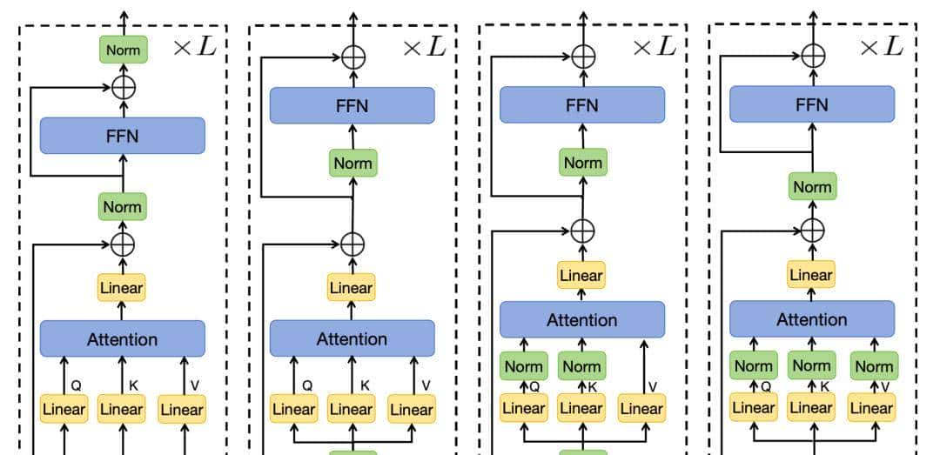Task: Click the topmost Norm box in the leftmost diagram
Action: [x=123, y=50]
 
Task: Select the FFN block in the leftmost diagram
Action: [x=123, y=136]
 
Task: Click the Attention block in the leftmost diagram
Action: [x=123, y=338]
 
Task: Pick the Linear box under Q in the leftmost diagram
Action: [x=64, y=408]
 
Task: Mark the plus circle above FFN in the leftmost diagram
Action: [x=123, y=87]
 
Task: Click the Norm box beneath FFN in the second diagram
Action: [x=352, y=163]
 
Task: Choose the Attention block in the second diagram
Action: [x=352, y=338]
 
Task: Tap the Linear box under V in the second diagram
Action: [x=412, y=408]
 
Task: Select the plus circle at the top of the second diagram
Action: [x=352, y=58]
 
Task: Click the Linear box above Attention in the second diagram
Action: [x=352, y=287]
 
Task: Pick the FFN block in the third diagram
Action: [x=582, y=104]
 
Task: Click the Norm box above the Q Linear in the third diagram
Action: [x=524, y=366]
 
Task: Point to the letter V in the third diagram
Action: [x=654, y=386]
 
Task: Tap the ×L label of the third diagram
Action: [x=654, y=47]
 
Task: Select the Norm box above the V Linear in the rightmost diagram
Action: [x=873, y=366]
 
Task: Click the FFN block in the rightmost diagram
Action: [x=812, y=104]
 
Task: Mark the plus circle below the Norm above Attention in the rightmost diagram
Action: [x=812, y=230]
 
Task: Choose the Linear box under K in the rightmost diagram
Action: [x=811, y=406]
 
